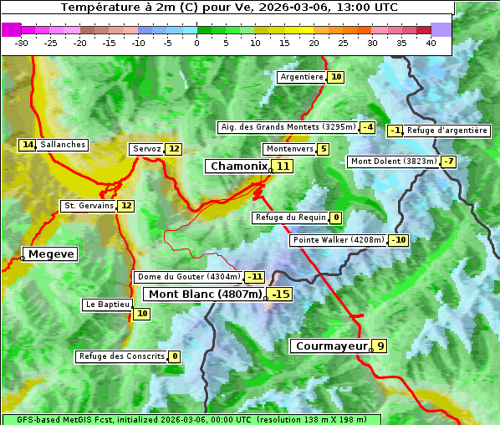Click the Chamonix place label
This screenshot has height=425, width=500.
point(238,166)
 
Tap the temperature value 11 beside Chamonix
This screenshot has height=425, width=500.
point(284,166)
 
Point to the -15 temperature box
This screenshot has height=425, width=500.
point(281,294)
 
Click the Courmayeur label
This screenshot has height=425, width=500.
point(332,346)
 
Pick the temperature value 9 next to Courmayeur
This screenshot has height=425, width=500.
point(380,346)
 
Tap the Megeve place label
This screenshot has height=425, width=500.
point(51,253)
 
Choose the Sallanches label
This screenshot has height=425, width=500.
point(63,145)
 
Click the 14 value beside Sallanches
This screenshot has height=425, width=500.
point(28,145)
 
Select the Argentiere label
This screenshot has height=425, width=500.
point(302,77)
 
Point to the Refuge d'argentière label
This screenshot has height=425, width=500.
point(447,131)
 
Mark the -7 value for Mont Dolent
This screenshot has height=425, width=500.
point(449,161)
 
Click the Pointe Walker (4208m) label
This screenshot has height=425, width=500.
point(338,240)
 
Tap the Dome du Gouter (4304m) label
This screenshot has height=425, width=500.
point(189,277)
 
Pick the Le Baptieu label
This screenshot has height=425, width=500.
point(107,305)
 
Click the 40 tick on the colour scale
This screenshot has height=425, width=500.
point(431,43)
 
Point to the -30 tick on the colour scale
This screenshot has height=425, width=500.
point(22,43)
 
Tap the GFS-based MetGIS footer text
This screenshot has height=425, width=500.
point(191,419)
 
